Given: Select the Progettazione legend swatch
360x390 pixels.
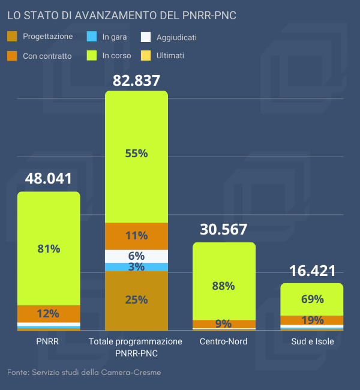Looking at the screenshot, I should (13, 37).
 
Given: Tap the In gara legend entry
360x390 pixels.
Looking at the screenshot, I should (108, 37).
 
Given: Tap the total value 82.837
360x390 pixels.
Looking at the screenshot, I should (136, 80).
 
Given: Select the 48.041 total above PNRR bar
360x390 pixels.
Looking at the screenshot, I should (49, 178).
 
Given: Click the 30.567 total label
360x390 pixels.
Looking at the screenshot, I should (224, 229).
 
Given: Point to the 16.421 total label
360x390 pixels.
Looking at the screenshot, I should (312, 271).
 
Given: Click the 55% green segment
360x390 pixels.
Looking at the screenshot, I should (136, 153).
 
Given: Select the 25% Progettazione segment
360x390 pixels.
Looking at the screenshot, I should (136, 300).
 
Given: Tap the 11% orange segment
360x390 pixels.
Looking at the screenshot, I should (136, 235).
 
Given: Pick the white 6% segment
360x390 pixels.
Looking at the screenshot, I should (136, 256).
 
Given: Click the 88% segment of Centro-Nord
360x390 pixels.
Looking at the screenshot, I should (224, 286).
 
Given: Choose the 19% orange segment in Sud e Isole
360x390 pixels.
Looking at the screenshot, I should (312, 320).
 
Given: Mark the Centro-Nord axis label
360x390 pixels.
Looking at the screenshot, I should (224, 341).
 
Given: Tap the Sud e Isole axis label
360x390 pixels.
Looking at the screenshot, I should (312, 341).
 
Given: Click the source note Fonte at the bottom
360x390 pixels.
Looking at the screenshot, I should (84, 373).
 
